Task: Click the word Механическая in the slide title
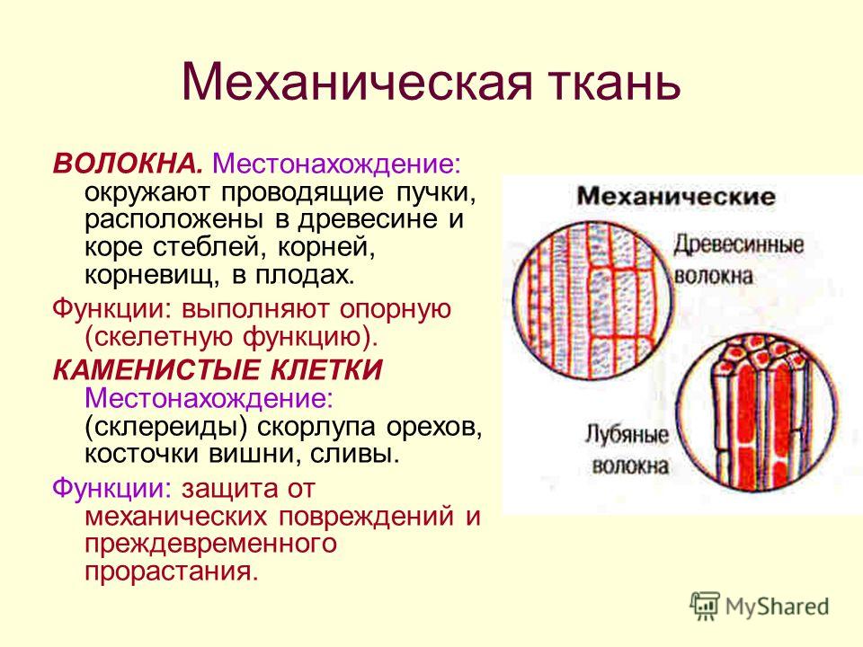357,83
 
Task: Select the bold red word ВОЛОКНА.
129,164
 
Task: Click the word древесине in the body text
369,220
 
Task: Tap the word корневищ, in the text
153,276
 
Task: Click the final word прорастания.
171,572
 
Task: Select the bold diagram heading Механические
676,197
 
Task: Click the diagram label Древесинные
739,244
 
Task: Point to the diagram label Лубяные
627,435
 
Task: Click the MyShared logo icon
705,607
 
